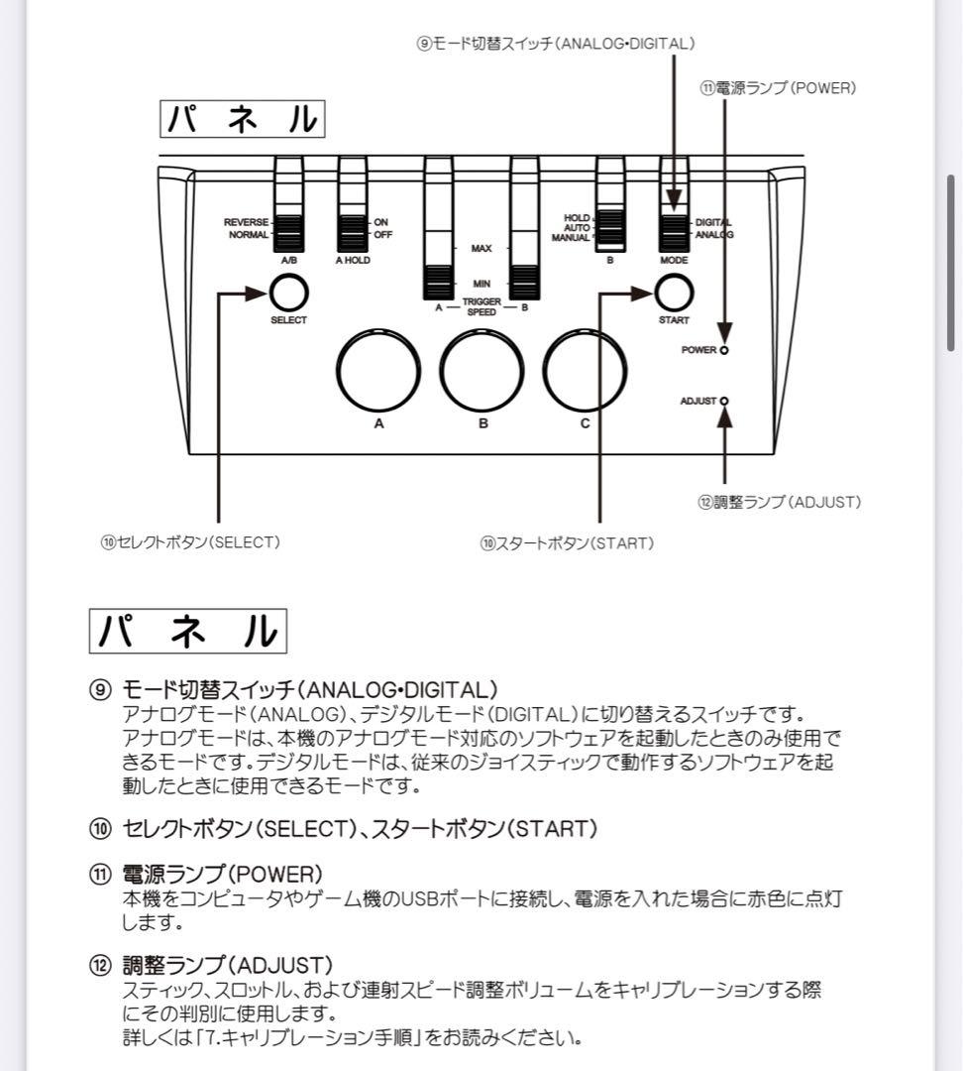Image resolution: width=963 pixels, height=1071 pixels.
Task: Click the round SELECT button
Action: pos(288,293)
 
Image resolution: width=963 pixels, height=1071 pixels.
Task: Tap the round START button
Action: pos(674,293)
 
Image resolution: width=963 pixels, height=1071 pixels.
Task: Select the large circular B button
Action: pos(482,369)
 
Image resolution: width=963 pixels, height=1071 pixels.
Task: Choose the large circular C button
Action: pos(585,369)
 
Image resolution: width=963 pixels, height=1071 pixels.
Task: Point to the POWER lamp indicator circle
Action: pos(725,350)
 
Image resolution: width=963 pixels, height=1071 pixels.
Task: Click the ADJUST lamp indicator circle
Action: pos(725,401)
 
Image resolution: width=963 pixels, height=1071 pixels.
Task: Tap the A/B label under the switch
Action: pos(289,260)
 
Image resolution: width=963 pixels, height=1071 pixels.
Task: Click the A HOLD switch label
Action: pos(353,260)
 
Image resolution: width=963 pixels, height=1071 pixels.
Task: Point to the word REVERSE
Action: pos(246,222)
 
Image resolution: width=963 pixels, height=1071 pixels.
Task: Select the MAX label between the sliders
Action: pos(481,249)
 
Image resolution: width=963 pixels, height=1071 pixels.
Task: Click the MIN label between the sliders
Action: pos(481,284)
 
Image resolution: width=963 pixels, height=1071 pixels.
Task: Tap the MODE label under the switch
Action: pos(674,260)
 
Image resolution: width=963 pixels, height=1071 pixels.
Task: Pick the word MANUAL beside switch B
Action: pos(571,238)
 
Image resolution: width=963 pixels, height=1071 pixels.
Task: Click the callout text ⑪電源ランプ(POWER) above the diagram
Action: pos(778,87)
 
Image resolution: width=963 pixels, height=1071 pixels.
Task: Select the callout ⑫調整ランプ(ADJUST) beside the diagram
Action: pos(780,502)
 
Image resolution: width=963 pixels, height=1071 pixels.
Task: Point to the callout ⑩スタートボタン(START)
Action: pos(567,542)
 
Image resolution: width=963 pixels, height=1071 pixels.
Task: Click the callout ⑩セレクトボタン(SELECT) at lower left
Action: pos(189,542)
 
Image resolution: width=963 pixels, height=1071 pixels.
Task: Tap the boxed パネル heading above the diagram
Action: pos(243,119)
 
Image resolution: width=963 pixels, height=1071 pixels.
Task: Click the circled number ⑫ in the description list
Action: pos(100,965)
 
